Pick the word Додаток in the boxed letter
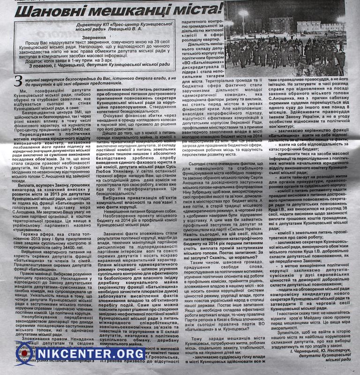pyautogui.click(x=38, y=61)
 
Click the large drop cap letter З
pyautogui.click(x=18, y=81)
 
